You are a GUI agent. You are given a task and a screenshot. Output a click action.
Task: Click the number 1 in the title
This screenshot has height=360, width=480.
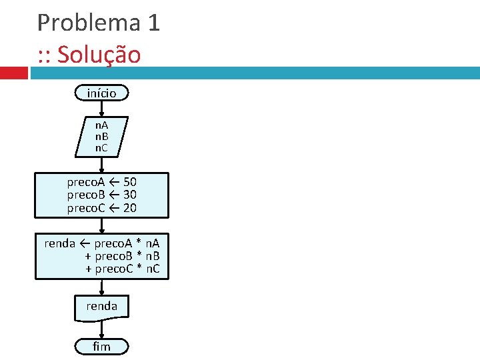153,23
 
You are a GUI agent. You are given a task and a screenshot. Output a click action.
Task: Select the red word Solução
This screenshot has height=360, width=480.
99,55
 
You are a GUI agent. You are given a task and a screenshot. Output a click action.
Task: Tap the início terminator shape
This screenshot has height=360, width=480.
101,93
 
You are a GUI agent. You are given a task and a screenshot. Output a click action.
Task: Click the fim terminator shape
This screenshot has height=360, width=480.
101,347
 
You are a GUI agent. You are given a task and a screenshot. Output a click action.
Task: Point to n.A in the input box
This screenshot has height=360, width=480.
101,125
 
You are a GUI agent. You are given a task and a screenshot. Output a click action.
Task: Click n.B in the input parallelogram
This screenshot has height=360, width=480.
101,136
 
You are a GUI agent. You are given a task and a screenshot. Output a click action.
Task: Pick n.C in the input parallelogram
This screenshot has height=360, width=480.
101,147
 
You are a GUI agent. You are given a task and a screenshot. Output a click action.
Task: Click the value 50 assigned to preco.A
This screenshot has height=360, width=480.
130,182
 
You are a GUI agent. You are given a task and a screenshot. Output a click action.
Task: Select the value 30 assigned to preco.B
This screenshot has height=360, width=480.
130,195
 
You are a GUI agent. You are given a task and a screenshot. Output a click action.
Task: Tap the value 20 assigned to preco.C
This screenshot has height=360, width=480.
130,208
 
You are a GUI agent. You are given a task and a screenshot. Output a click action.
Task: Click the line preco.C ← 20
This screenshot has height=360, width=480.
101,208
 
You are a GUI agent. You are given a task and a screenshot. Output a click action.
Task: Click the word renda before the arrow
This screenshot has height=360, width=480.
59,243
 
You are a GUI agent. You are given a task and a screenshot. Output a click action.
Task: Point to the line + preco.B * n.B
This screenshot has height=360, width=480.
123,257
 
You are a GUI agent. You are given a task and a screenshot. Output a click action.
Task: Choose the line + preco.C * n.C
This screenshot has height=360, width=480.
123,269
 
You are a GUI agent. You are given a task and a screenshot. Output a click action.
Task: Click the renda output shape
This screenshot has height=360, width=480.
101,306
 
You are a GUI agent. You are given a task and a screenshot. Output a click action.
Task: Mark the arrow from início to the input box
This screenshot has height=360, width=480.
101,109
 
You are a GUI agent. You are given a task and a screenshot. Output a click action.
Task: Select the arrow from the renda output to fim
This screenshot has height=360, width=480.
101,329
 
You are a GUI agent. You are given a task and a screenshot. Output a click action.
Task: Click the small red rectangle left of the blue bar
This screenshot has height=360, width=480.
13,72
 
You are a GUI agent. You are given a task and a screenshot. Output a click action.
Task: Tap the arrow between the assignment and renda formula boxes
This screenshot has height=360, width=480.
101,225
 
